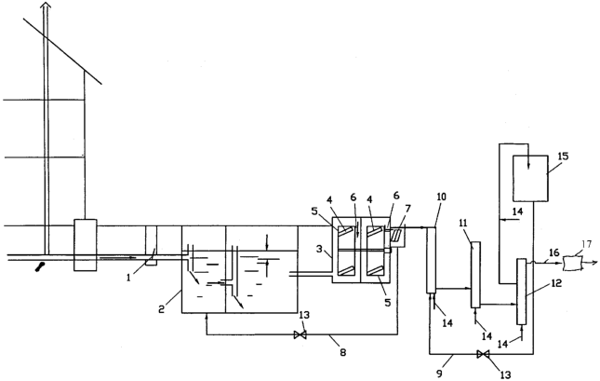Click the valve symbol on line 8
pos(300,335)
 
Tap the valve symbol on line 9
pos(483,355)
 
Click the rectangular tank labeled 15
pos(530,178)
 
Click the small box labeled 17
pos(572,263)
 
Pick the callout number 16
pos(554,252)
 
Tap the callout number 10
pos(441,197)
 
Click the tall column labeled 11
pos(475,275)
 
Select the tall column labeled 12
pos(521,292)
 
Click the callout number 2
pos(162,309)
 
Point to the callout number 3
pos(319,249)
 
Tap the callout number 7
pos(408,209)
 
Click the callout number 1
pos(128,277)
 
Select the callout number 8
pos(343,352)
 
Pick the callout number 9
pos(439,373)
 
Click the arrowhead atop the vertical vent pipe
pos(46,5)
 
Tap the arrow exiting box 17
pos(590,263)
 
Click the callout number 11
pos(463,223)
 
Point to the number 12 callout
pos(556,283)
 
